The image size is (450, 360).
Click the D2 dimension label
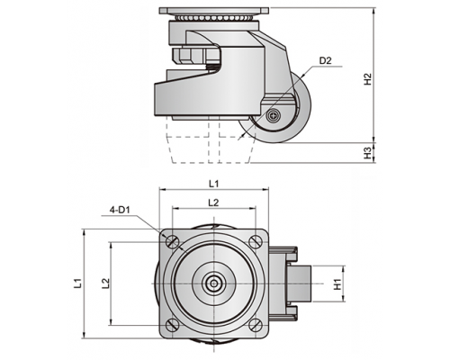(x=325, y=60)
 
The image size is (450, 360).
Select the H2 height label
(x=368, y=79)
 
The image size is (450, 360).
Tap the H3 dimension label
(x=368, y=153)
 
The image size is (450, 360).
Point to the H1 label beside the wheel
(x=338, y=283)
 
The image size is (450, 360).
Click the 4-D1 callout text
(x=119, y=210)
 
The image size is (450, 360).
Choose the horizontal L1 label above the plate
(x=213, y=184)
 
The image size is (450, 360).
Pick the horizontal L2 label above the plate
(x=213, y=202)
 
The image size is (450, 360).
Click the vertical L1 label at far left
(x=78, y=283)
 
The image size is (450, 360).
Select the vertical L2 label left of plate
(x=105, y=283)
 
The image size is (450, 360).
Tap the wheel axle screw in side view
(x=274, y=115)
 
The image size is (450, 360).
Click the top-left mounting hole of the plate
(x=173, y=241)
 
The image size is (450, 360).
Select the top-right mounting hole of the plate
(x=255, y=241)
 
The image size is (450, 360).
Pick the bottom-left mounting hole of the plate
(x=173, y=325)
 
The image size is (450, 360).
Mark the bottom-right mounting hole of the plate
(x=255, y=325)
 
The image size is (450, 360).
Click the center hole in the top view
(x=214, y=283)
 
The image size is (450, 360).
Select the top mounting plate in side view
(x=213, y=11)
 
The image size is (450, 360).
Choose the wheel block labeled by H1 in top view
(x=299, y=283)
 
